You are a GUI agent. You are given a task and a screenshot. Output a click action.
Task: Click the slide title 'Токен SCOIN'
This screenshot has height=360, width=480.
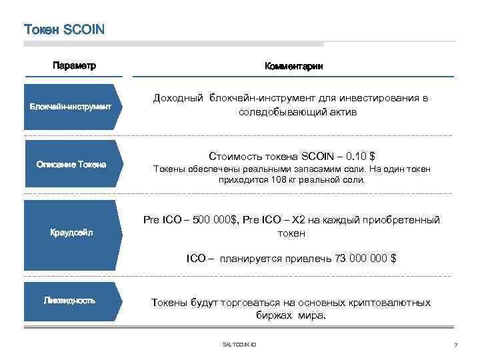tap(65, 30)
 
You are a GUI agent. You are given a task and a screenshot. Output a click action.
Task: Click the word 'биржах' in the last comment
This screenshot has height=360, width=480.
tap(273, 316)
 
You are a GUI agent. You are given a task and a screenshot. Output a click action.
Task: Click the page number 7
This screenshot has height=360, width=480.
tap(455, 345)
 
